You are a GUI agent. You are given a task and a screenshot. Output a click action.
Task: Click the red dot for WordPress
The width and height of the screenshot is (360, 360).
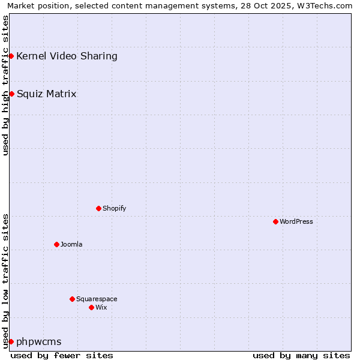pos(275,221)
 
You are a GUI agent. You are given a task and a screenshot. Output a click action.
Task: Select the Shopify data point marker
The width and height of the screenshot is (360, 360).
pos(98,208)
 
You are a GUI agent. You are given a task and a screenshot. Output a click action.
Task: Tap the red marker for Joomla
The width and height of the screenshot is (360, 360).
pos(56,244)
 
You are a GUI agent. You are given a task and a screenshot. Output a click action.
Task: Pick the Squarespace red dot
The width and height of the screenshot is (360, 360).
pos(72,299)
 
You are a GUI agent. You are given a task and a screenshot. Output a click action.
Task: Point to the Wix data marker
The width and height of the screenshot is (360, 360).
pos(91,307)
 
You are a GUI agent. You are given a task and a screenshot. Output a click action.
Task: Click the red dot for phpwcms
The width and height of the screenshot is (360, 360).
pos(11,341)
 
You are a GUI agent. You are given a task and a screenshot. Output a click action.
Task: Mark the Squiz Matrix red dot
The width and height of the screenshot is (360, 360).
pos(11,94)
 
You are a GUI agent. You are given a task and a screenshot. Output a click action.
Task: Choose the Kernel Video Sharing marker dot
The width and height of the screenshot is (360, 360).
pos(11,56)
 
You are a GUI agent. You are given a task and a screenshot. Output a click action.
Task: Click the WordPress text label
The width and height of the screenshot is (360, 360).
pos(296,221)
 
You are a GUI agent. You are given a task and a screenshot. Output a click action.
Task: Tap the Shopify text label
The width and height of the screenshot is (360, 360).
pos(114,208)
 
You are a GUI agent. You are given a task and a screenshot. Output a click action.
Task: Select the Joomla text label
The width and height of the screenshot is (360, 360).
pos(71,244)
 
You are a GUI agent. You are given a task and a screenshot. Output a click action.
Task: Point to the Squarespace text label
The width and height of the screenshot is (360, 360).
pos(97,299)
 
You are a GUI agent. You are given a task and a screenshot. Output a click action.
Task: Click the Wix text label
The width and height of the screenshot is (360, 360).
pos(101,307)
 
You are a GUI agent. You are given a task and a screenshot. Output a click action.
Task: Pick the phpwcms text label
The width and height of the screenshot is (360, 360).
pos(39,341)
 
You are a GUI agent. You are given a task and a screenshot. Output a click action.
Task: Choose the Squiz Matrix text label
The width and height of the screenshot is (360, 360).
pos(47,94)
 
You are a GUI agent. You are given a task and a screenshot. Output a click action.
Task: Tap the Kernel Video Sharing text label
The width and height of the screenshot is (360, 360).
pos(67,56)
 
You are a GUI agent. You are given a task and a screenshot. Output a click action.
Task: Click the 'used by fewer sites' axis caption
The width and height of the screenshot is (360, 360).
pos(62,355)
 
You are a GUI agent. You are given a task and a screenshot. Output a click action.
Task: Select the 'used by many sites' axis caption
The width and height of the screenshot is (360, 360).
pos(301,355)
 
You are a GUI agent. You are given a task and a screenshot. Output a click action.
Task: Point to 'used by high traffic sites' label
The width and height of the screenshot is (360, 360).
pos(5,85)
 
